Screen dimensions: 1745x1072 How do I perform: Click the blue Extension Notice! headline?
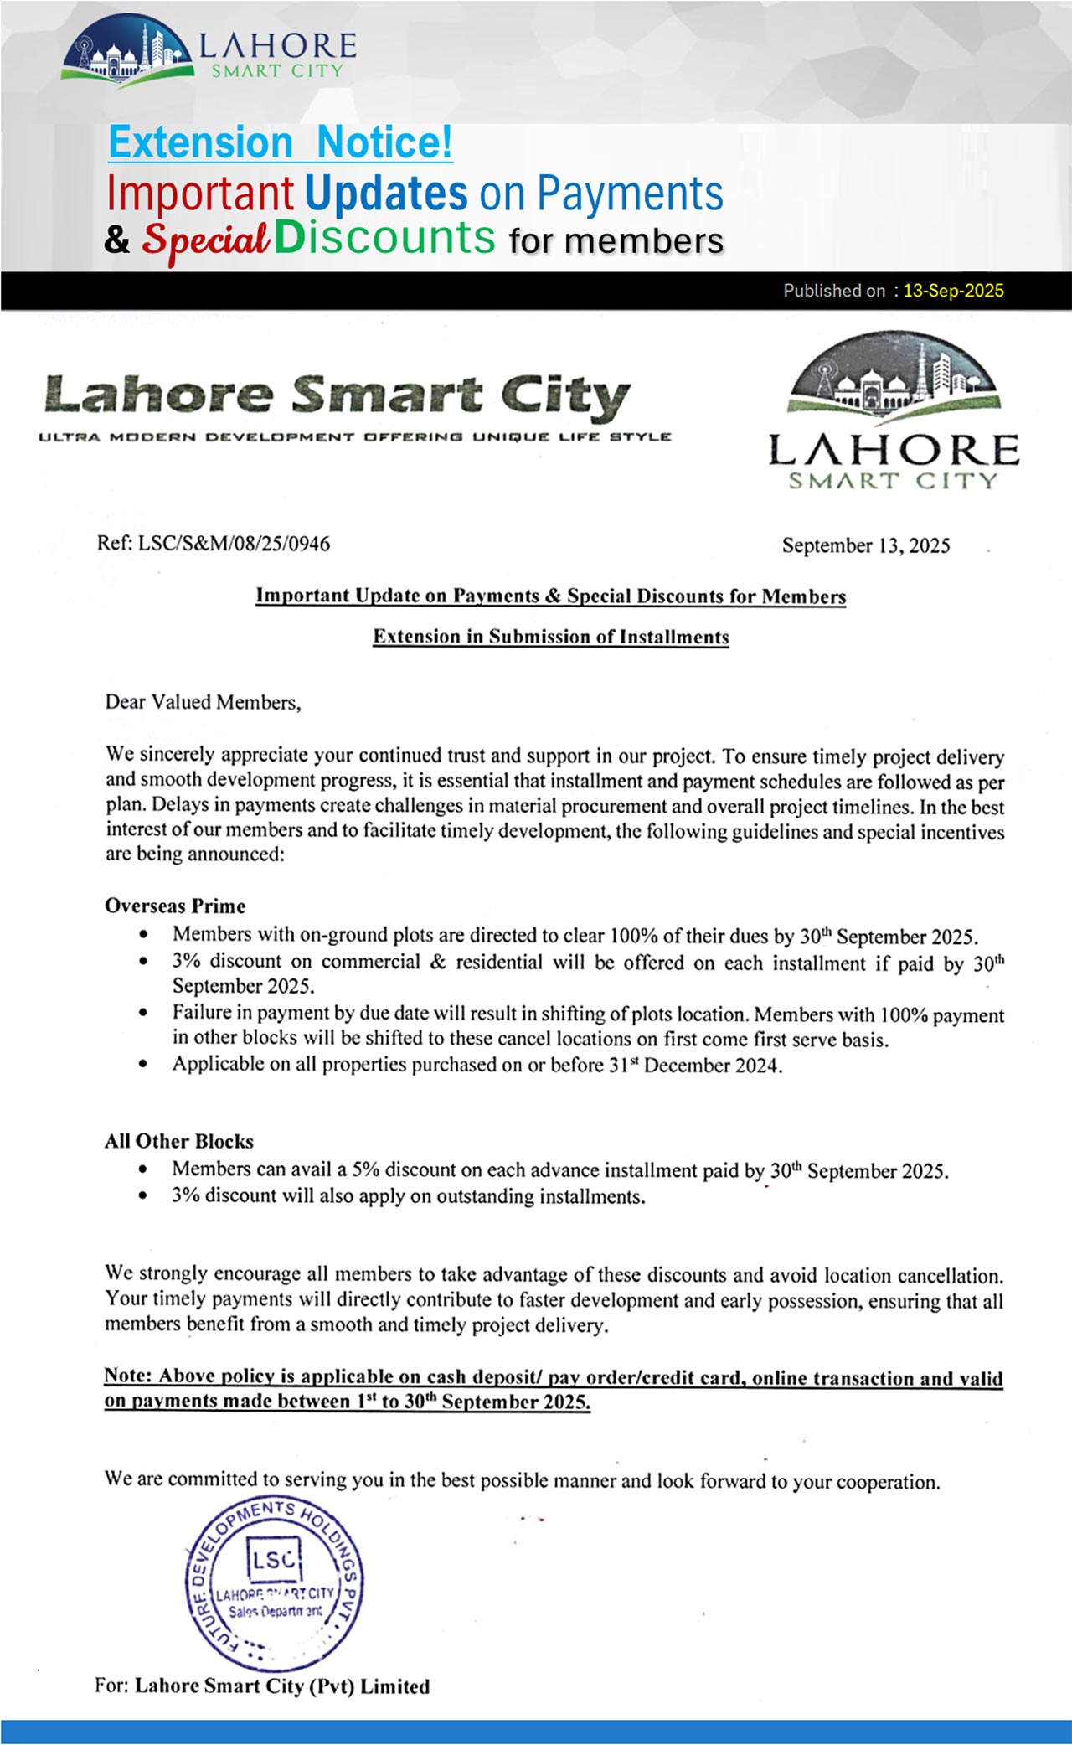click(281, 142)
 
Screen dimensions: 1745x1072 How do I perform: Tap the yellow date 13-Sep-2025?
click(953, 291)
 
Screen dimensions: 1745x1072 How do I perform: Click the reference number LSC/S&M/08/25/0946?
click(234, 544)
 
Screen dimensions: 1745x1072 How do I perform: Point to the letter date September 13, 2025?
click(866, 545)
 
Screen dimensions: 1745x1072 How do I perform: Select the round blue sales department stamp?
click(274, 1583)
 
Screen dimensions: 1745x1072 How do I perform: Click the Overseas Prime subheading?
click(175, 906)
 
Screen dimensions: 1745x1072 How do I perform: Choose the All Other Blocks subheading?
click(178, 1141)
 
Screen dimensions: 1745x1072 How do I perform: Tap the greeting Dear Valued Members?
click(203, 702)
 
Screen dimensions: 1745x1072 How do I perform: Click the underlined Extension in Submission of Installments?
click(551, 637)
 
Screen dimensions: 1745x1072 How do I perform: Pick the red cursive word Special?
click(205, 240)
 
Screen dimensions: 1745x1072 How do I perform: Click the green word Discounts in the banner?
click(384, 238)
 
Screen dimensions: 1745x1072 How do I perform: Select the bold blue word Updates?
click(385, 194)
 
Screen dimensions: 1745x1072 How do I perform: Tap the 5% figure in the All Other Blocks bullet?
click(366, 1169)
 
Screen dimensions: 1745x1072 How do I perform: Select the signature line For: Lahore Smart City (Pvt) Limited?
click(262, 1686)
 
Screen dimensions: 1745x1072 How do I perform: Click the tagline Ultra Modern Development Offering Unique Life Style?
click(355, 436)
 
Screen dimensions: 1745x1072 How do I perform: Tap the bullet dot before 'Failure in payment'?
click(144, 1013)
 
